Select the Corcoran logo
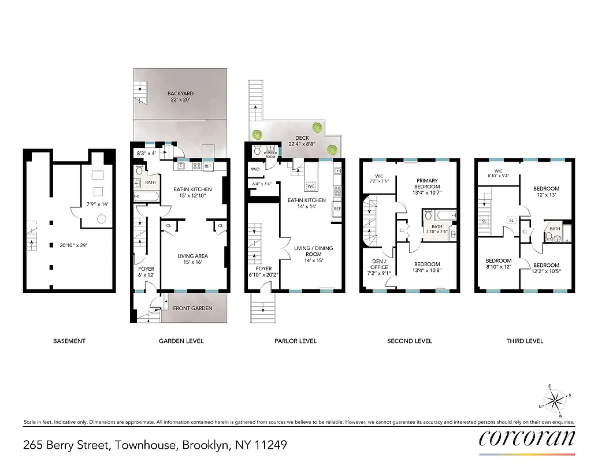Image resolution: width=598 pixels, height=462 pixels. point(526,438)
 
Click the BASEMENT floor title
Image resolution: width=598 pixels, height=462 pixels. point(69,341)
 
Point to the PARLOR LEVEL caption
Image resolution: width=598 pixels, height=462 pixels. point(295,341)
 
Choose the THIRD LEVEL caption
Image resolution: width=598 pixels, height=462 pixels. point(524,341)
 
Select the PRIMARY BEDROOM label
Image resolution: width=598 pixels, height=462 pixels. point(428,184)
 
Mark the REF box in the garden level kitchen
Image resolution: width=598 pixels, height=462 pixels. point(207,166)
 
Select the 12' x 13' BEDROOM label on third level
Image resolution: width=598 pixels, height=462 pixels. point(545,192)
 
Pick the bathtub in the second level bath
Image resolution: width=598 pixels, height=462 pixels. point(442,215)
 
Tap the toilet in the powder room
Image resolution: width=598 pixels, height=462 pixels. point(257,152)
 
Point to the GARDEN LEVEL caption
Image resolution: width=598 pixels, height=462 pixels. point(181,341)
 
